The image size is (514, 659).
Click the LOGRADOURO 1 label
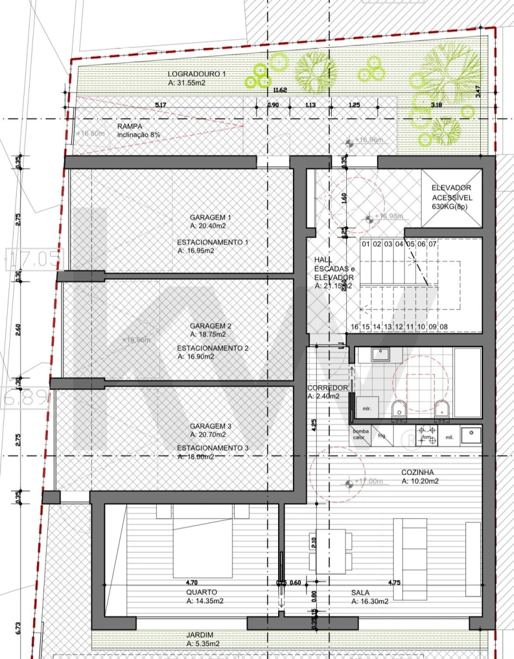[197, 75]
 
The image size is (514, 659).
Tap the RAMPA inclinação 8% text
[139, 130]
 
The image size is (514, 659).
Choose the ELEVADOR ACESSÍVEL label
[451, 196]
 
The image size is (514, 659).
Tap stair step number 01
[366, 244]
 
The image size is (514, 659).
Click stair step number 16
[355, 327]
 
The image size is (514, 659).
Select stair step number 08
[443, 327]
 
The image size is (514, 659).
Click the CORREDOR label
[327, 388]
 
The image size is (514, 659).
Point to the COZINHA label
[418, 472]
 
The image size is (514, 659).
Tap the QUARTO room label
[202, 592]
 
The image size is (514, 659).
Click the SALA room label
[361, 592]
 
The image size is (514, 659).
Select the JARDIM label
[200, 634]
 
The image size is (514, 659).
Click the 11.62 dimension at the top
[280, 90]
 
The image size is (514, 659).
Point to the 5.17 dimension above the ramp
[160, 105]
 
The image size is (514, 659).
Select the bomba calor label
[360, 434]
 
